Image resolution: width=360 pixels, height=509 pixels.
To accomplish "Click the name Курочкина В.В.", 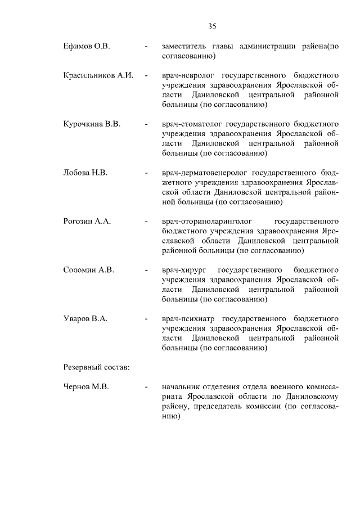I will coord(92,124).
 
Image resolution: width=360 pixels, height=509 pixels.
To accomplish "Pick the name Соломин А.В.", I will coord(89,270).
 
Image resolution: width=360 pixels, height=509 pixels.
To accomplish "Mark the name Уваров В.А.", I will coord(85,318).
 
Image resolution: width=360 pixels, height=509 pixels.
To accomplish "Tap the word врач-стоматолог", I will coord(191,124).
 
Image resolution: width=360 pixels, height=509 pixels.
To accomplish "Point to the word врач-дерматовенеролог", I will coord(203,173).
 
